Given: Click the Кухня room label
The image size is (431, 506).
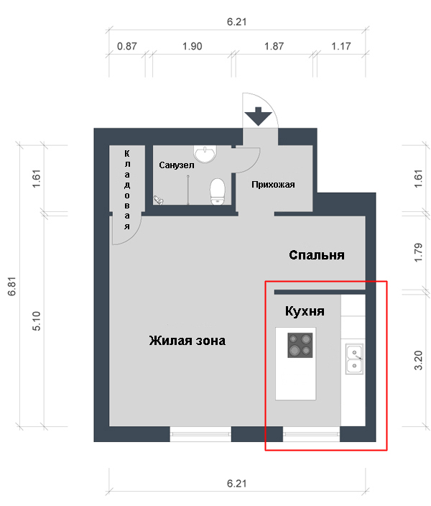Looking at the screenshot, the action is coord(305,311).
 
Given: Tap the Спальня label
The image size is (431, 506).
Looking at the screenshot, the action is coord(317,255).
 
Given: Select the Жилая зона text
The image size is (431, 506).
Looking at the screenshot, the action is coord(187,341).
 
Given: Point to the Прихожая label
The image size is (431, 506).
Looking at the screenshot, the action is coord(273,184).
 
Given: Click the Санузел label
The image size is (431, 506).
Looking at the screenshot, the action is coord(177,165).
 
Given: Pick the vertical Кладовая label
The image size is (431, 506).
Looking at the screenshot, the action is coord(127,190).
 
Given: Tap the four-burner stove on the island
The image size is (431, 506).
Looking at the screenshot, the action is coord(300,345).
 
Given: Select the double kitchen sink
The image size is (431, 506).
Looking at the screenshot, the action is coord(354,359).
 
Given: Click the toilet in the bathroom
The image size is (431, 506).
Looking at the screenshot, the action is coord(218,192).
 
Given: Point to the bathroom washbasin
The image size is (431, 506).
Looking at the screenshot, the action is coord(205,154).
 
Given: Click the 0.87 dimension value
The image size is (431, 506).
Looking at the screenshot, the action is coord(126,46).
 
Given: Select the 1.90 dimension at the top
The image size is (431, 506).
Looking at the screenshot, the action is coord(193,46).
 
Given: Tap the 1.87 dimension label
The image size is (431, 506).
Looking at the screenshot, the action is coord(274,46).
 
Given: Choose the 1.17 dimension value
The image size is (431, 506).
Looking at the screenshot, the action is coord(341,46).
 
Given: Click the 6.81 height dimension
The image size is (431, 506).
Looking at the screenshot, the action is coord(12,286).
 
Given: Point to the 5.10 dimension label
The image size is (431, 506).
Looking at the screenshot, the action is coord(37,321).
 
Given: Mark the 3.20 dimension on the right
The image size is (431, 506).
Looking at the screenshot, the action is coord(418,360).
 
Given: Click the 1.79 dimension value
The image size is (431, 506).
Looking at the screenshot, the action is coord(418,252).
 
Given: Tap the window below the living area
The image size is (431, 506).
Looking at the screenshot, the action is coord(200,434).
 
